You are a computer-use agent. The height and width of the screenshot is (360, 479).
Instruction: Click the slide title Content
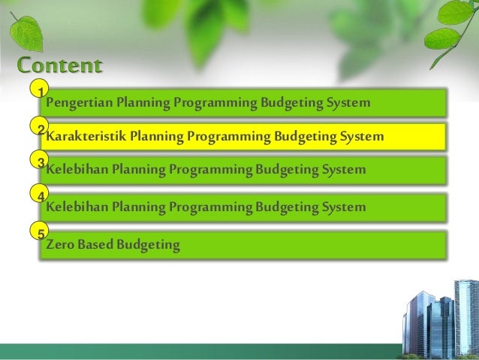(59, 65)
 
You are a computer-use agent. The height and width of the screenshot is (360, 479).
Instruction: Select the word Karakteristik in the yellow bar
(86, 137)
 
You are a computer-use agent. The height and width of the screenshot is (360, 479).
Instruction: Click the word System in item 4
(343, 206)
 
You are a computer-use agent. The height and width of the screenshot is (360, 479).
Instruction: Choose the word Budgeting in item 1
(287, 102)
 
